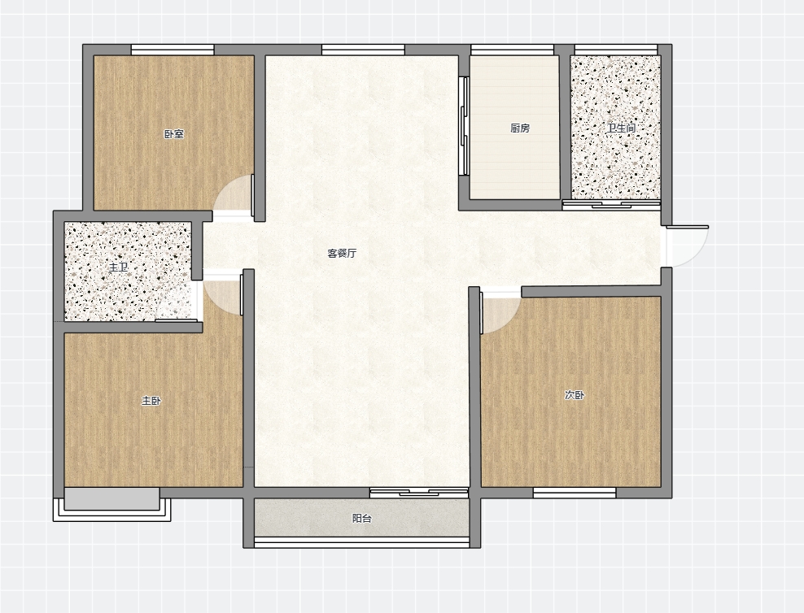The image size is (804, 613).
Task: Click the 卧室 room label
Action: tap(174, 134)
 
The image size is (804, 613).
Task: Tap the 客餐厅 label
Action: tap(342, 253)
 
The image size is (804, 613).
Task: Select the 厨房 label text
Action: tap(520, 128)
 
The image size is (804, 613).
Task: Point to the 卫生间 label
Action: tap(621, 128)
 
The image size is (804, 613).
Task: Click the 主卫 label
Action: tap(118, 267)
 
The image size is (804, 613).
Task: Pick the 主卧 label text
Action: tap(151, 401)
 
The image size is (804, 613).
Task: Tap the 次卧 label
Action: tap(575, 395)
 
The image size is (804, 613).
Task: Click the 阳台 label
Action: tap(361, 518)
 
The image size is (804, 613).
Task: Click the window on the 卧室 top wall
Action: tap(173, 50)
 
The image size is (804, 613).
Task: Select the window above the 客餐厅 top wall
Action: tap(363, 50)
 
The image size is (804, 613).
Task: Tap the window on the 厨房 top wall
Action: tap(512, 50)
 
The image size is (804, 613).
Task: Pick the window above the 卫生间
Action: tap(616, 50)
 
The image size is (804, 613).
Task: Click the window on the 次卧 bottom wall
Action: tap(575, 493)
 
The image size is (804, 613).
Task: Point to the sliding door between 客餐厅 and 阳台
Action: tap(419, 493)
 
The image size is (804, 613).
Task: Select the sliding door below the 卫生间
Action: tap(611, 205)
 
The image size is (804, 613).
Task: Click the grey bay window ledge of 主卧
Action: tap(111, 498)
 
